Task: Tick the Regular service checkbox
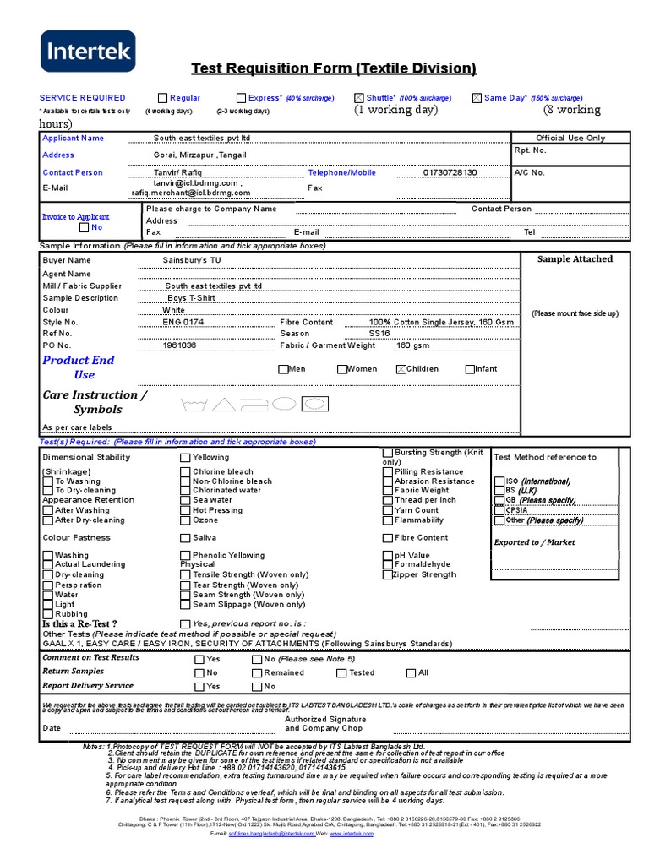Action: [x=162, y=98]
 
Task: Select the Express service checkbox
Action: [x=241, y=98]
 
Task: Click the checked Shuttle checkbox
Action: [x=359, y=98]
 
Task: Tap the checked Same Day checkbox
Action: [x=477, y=98]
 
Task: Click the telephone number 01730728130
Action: [x=450, y=172]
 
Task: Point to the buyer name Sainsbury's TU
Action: [x=192, y=261]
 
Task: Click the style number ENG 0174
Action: [x=183, y=322]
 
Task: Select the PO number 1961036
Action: [x=179, y=345]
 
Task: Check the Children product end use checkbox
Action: [x=401, y=369]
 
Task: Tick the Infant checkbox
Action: [x=470, y=369]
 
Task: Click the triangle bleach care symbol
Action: [x=223, y=405]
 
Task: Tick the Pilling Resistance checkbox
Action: [x=388, y=472]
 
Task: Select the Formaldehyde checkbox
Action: [x=388, y=564]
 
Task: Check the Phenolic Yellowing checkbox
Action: [x=185, y=556]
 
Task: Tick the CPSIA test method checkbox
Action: [x=499, y=510]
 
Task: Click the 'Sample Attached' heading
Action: [x=575, y=259]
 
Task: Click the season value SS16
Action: [x=379, y=334]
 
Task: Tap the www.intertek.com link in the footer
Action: [x=352, y=834]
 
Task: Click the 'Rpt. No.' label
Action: [x=531, y=150]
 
